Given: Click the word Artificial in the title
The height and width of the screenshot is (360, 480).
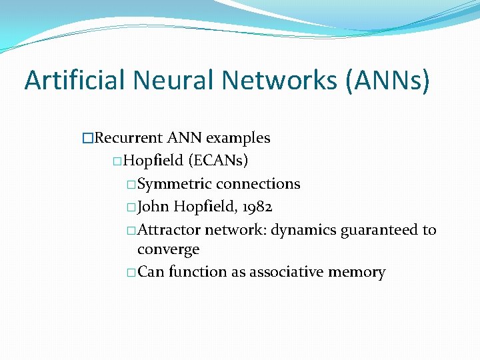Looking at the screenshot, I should click(74, 81).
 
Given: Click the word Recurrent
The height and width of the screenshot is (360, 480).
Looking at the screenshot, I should click(129, 138).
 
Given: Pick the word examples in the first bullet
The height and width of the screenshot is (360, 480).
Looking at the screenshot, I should click(238, 138).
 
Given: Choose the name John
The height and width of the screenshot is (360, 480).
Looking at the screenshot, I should click(153, 207).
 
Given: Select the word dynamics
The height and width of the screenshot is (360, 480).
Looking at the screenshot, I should click(303, 230).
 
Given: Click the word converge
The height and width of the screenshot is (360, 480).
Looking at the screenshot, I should click(168, 250).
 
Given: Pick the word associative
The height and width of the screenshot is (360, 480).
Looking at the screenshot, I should click(281, 272).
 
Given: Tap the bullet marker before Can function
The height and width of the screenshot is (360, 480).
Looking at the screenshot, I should click(131, 272).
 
